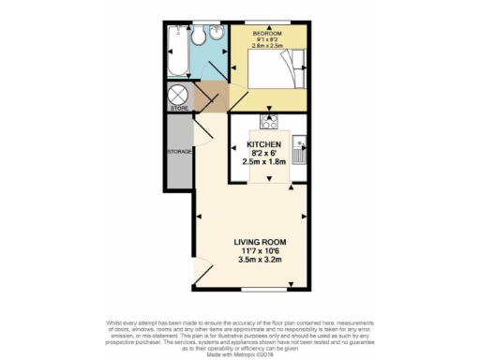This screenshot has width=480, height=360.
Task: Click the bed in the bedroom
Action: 275,68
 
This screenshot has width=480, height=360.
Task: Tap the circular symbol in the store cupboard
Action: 178,95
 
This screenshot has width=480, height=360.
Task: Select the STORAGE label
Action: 179,151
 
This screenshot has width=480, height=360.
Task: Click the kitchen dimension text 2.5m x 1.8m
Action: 264,161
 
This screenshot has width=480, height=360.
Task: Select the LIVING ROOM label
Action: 260,242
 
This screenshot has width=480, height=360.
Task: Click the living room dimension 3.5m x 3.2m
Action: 260,259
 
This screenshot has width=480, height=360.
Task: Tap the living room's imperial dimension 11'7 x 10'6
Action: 260,250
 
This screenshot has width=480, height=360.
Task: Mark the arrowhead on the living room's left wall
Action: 199,215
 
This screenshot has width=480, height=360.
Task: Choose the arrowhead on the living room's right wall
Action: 305,215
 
